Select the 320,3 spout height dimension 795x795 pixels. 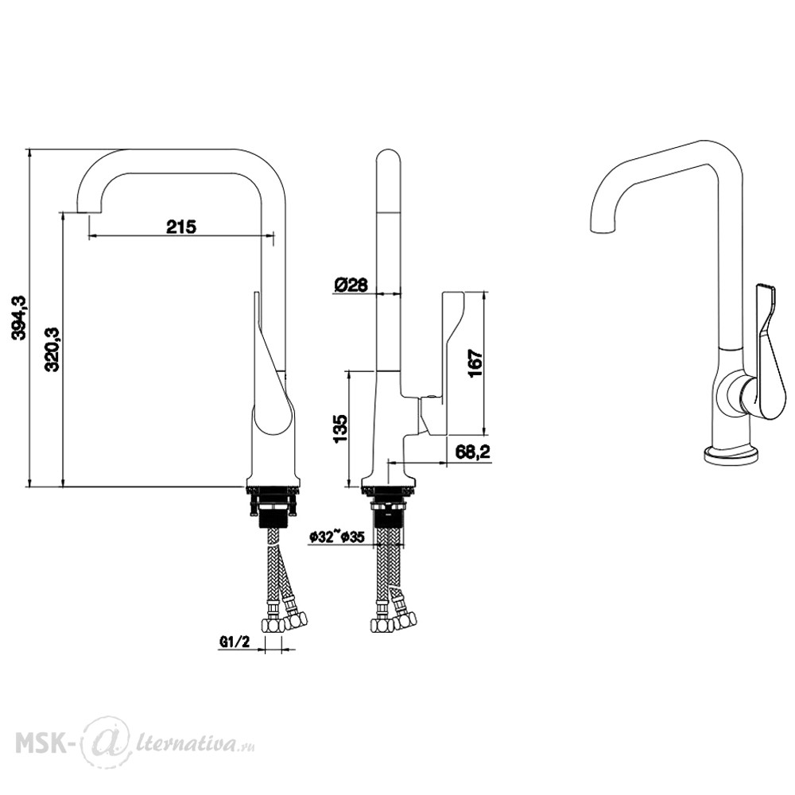tap(53, 349)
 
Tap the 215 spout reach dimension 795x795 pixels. tap(181, 226)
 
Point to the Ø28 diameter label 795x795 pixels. tap(351, 285)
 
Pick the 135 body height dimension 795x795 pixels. tap(340, 429)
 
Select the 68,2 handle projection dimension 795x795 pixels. tap(472, 451)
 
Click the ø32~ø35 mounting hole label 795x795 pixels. tap(337, 537)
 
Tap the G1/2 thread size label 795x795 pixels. tap(235, 642)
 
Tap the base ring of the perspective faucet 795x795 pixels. tap(731, 454)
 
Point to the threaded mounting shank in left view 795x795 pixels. tap(273, 511)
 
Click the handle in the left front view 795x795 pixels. tap(269, 364)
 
